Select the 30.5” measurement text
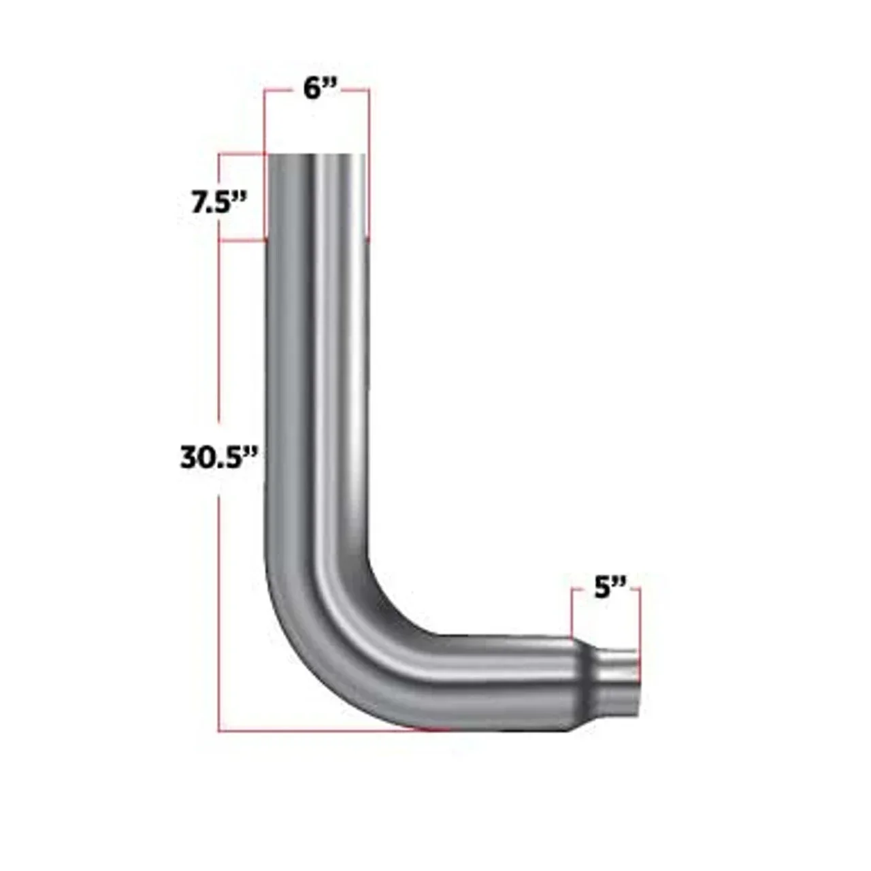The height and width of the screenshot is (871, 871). point(220,457)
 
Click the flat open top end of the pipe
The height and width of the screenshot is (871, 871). point(317,156)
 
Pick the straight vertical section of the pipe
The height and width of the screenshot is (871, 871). point(317,374)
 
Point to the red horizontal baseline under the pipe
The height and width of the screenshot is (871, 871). point(327,732)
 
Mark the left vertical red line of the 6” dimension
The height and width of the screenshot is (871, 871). point(264,122)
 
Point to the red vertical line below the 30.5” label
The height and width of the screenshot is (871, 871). point(218,612)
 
